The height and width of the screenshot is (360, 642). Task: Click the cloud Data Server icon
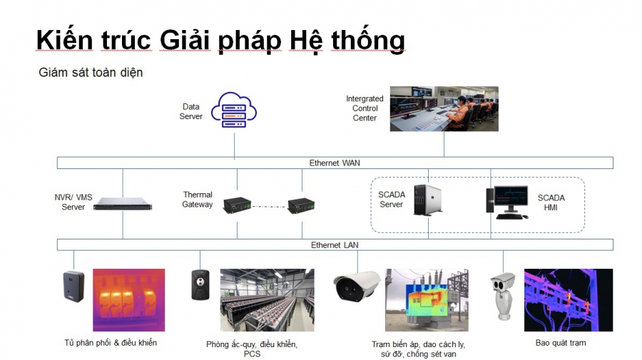coord(234,110)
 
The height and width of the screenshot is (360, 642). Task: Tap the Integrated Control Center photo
coord(444,108)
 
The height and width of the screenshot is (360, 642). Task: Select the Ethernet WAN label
coord(335,163)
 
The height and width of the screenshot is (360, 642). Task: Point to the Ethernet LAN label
coord(335,245)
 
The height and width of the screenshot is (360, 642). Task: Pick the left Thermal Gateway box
coord(237,205)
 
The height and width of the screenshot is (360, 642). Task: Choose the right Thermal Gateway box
coord(302,206)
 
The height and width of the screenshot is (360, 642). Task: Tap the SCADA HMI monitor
coord(511,201)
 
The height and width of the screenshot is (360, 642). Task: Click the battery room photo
coord(267,300)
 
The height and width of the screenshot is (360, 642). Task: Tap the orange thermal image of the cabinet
coord(128,300)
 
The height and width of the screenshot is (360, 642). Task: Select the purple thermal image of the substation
coord(569,300)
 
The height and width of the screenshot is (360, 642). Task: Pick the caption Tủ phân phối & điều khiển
coord(111,343)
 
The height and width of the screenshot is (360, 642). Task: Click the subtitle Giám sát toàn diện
coord(91,73)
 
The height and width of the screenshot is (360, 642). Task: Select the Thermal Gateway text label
coord(198,200)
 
